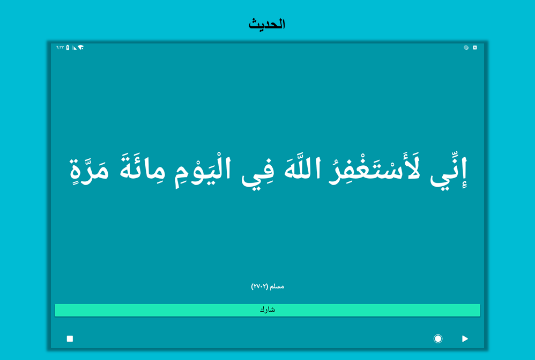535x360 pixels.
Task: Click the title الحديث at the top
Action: click(x=267, y=24)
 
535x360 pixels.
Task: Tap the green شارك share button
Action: click(x=267, y=310)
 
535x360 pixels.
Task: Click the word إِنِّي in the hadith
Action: click(x=448, y=172)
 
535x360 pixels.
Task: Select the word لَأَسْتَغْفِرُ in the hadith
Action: click(x=374, y=170)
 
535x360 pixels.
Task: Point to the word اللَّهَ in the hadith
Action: click(x=302, y=168)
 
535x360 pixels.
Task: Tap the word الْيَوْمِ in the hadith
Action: click(x=203, y=171)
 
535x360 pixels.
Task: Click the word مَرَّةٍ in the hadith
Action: click(x=90, y=170)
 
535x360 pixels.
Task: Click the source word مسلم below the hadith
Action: click(x=277, y=286)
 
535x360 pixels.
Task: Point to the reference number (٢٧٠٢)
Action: click(x=259, y=286)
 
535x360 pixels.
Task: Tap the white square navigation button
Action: click(x=70, y=339)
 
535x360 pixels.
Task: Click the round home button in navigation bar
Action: click(x=438, y=339)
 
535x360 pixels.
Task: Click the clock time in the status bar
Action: click(x=60, y=47)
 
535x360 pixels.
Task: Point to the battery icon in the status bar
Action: click(x=68, y=47)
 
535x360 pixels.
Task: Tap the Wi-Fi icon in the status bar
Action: click(x=80, y=47)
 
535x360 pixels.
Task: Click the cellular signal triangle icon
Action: click(x=74, y=47)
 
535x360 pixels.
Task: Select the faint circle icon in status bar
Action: click(x=466, y=47)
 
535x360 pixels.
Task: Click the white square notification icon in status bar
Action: click(x=474, y=47)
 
